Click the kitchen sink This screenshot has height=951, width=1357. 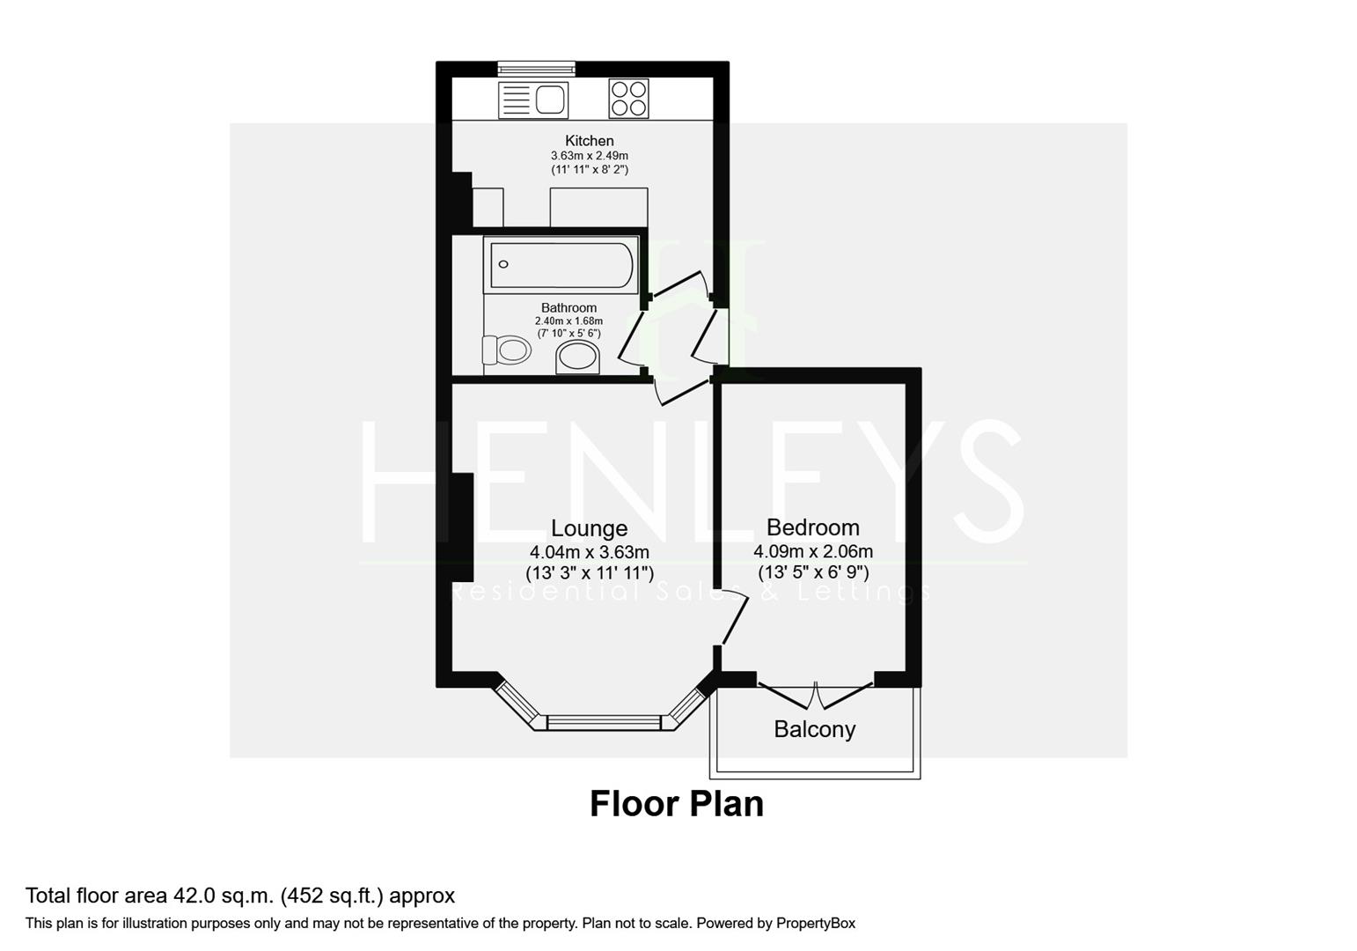point(533,100)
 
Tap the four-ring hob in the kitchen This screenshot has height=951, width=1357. point(628,99)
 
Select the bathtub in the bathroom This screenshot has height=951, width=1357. point(561,264)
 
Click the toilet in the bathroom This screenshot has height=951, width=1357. point(506,350)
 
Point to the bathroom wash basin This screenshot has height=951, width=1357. point(578,358)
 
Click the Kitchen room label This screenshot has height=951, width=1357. point(589,141)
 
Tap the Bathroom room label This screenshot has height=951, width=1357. point(568,308)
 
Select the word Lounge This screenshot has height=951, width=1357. point(589,528)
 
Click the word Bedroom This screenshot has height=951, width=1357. point(812,527)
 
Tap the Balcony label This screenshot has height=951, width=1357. point(814,729)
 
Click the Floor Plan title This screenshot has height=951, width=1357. point(676,804)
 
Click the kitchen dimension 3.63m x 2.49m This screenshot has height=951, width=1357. point(589,156)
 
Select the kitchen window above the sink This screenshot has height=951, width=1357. point(536,68)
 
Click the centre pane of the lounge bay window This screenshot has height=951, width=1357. point(603,723)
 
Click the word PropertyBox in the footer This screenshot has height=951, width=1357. point(815,924)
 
